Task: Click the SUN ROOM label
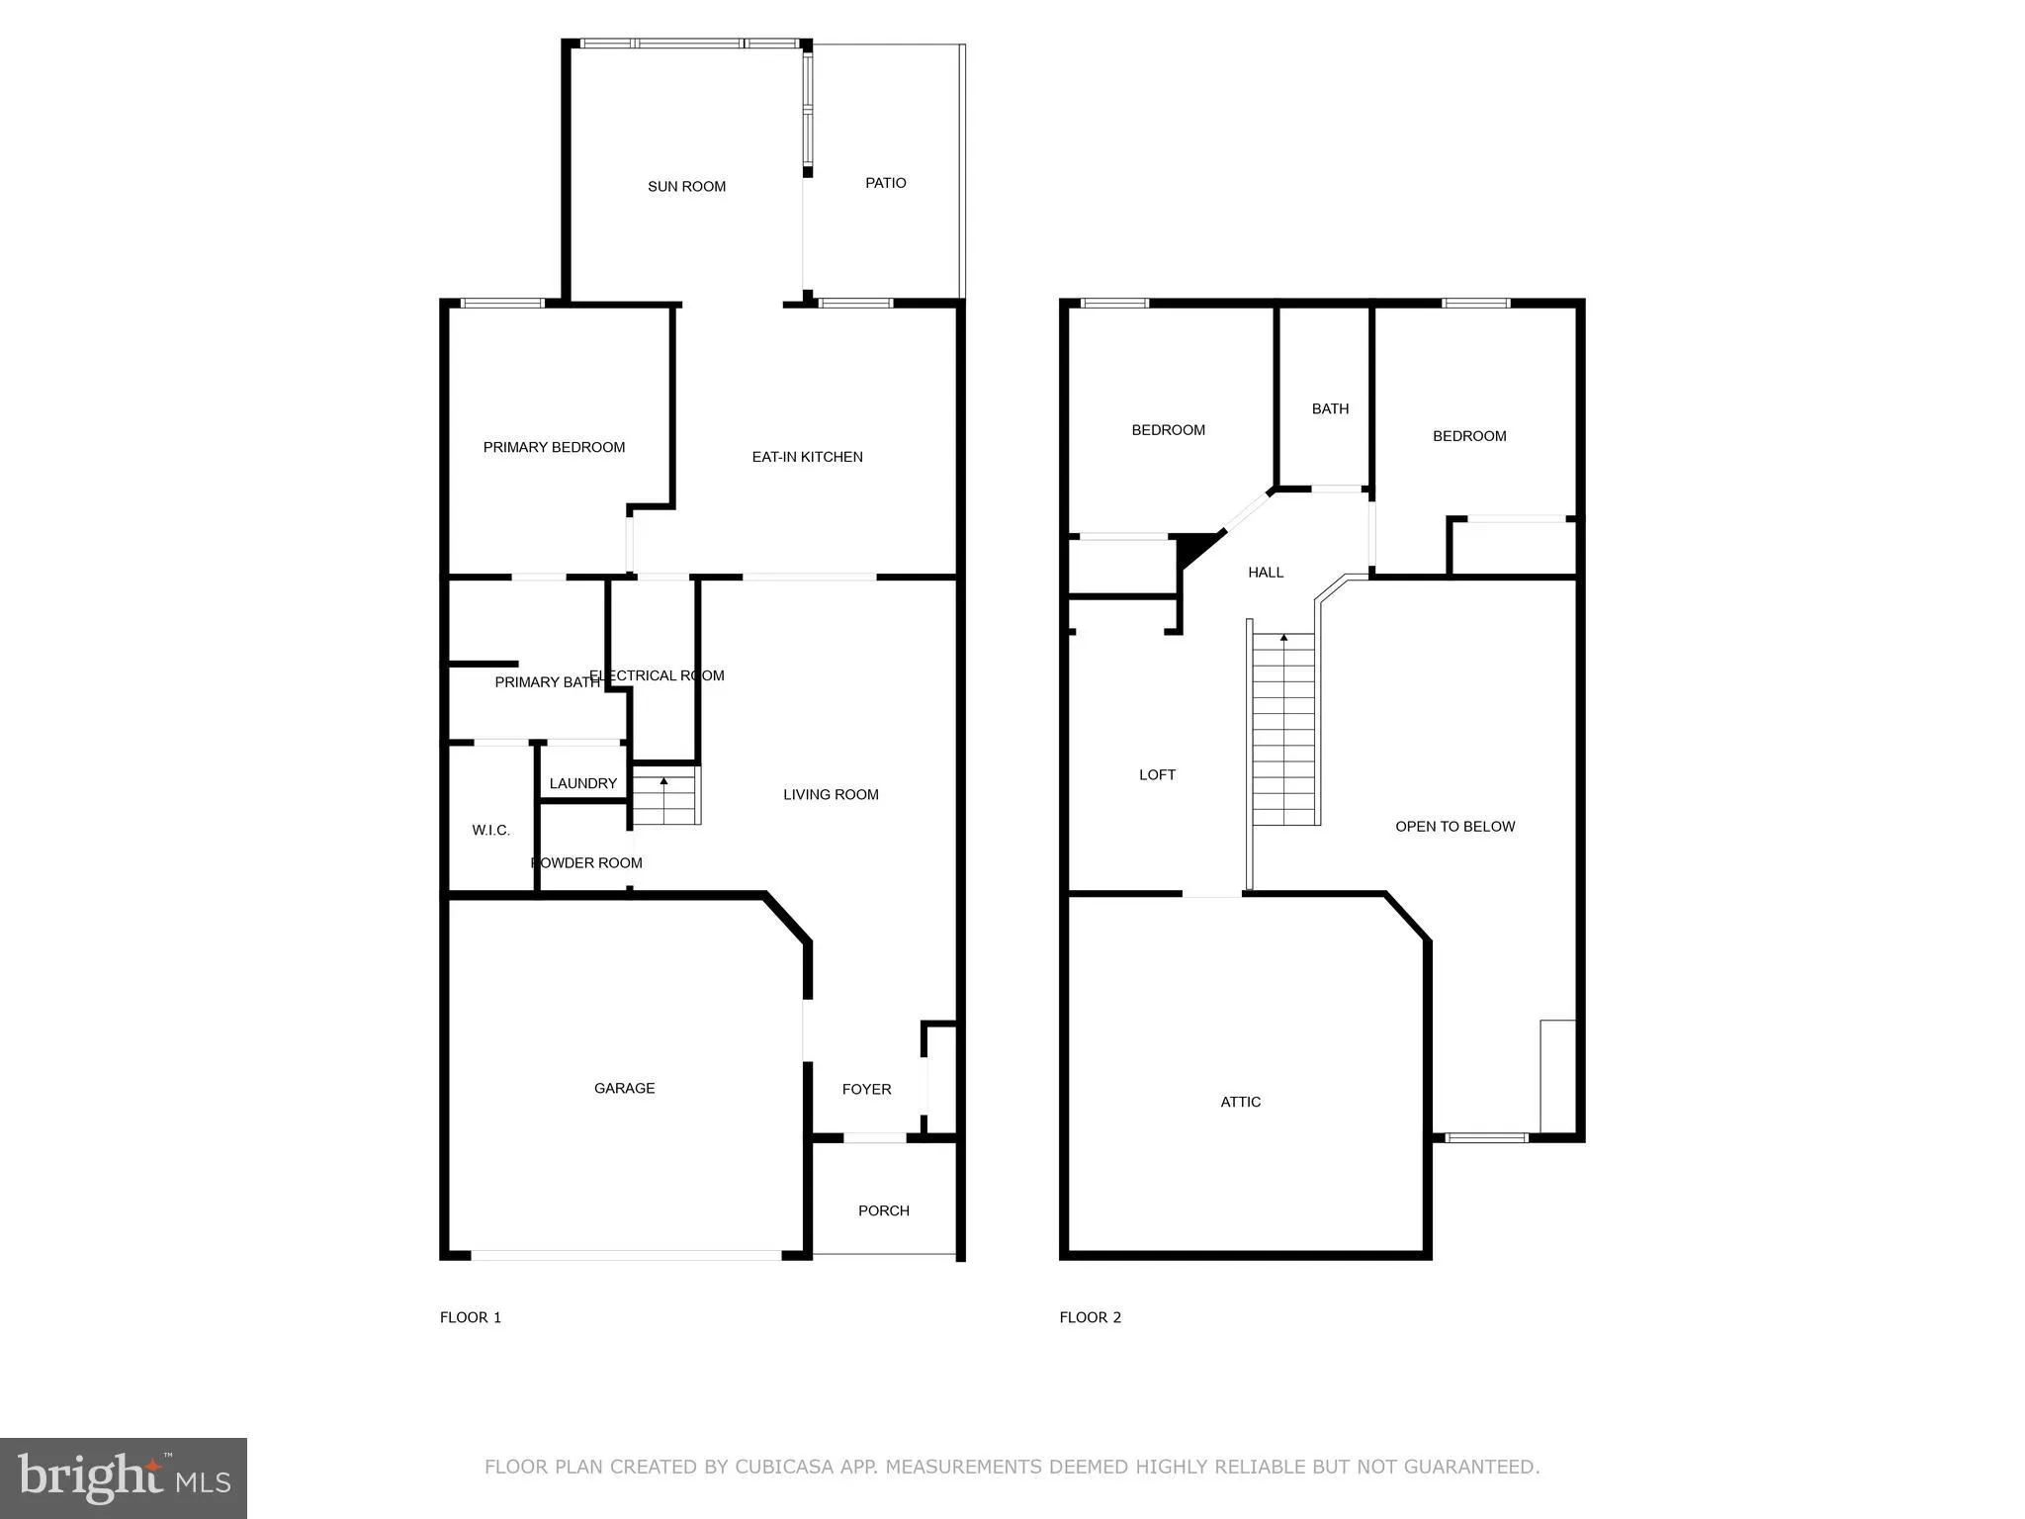coord(686,186)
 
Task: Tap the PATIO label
coord(885,183)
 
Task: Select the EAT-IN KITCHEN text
coord(807,457)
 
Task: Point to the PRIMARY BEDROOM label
coord(554,447)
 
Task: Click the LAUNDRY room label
coord(582,783)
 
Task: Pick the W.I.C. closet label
coord(490,830)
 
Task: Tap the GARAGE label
coord(624,1088)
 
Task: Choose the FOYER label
coord(866,1089)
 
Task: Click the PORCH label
coord(883,1210)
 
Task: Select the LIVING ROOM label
coord(831,794)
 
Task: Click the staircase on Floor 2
coord(1284,732)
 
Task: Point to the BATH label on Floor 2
coord(1330,408)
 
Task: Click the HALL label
coord(1265,572)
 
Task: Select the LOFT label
coord(1157,774)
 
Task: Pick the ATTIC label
coord(1240,1102)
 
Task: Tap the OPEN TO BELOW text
coord(1454,827)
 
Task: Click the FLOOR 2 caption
coord(1090,1317)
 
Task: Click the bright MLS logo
coord(124,1477)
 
